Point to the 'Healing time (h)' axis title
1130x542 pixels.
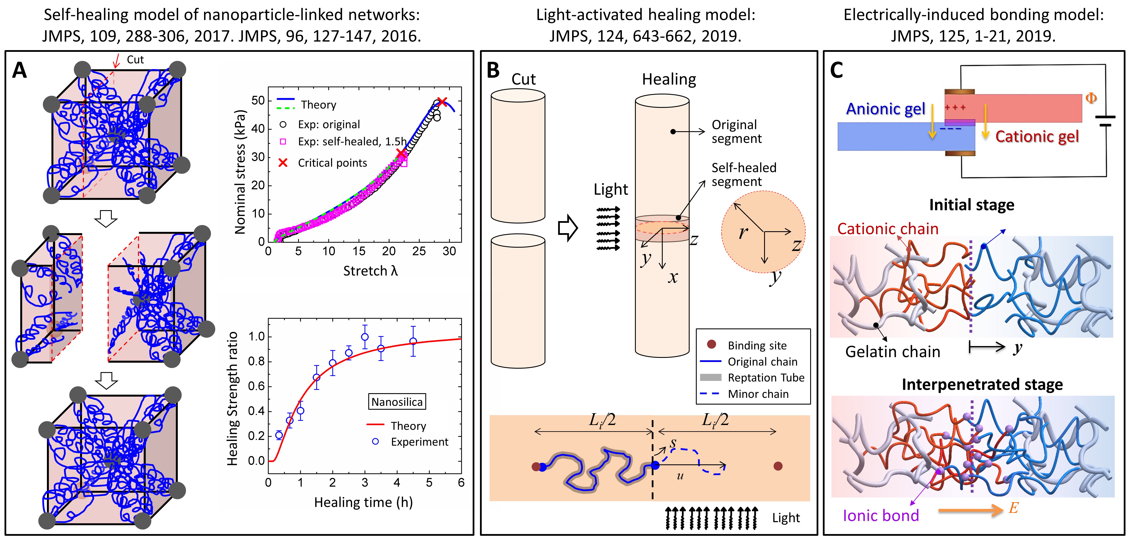click(x=363, y=502)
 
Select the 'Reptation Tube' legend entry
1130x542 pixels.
click(x=766, y=377)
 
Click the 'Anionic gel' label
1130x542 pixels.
click(x=885, y=109)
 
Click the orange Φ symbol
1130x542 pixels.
click(x=1091, y=98)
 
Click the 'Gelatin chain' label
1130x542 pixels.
click(x=893, y=352)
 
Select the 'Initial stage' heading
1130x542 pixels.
click(x=972, y=205)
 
